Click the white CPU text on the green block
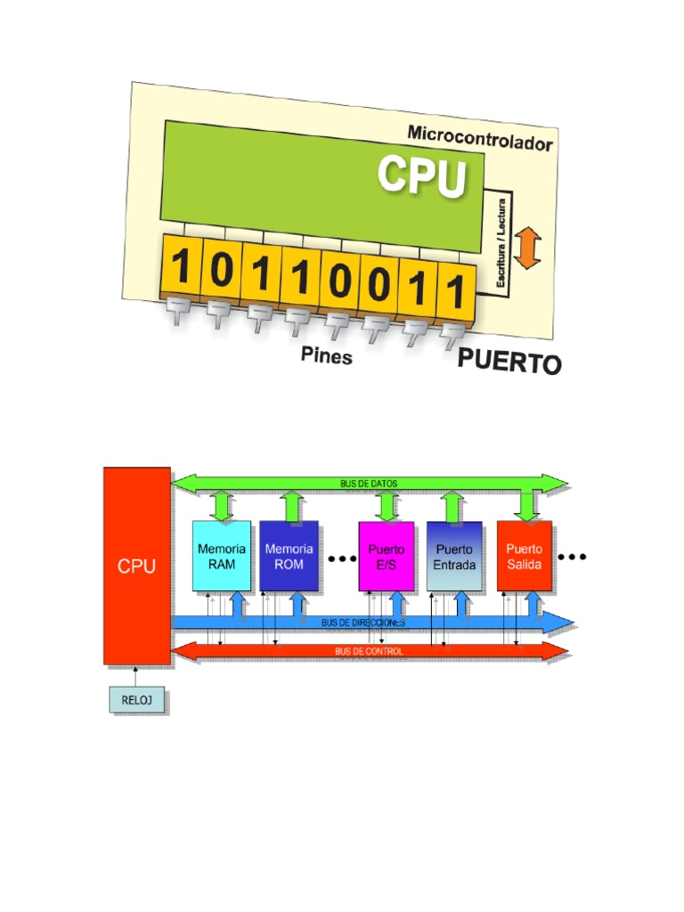pyautogui.click(x=422, y=176)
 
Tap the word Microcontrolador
pyautogui.click(x=480, y=138)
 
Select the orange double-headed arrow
pyautogui.click(x=528, y=247)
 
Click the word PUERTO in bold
pyautogui.click(x=509, y=362)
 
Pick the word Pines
pyautogui.click(x=326, y=356)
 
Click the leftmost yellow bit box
pyautogui.click(x=181, y=266)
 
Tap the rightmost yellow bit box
pyautogui.click(x=455, y=291)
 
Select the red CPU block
pyautogui.click(x=137, y=566)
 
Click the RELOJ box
pyautogui.click(x=137, y=700)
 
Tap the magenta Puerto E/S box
pyautogui.click(x=387, y=557)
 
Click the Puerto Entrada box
pyautogui.click(x=454, y=557)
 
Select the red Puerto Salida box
pyautogui.click(x=525, y=556)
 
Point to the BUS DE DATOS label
pyautogui.click(x=369, y=484)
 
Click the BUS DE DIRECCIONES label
pyautogui.click(x=363, y=623)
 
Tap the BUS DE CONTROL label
pyautogui.click(x=369, y=651)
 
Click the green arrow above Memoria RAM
pyautogui.click(x=222, y=505)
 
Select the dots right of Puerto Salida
pyautogui.click(x=572, y=558)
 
